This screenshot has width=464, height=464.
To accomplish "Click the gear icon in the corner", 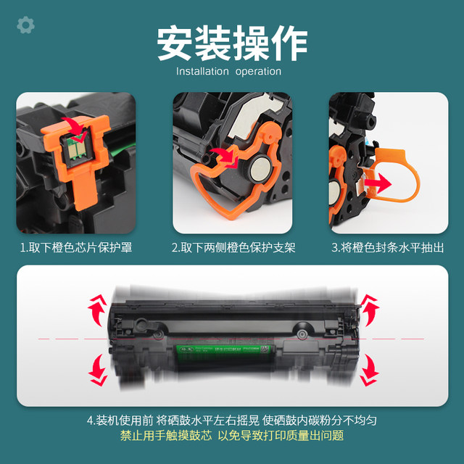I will (25, 25).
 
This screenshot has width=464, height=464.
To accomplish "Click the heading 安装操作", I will (232, 43).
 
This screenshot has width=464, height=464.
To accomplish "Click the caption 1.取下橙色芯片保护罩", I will (76, 247).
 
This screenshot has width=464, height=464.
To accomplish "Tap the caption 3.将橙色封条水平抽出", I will (388, 247).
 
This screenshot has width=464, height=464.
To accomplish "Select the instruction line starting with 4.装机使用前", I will (232, 420).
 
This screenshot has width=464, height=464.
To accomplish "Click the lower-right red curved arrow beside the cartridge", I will (369, 370).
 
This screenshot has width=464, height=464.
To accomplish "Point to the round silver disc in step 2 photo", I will (259, 171).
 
